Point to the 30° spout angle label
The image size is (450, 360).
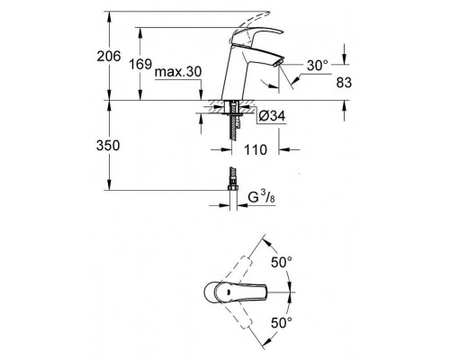(315, 67)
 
